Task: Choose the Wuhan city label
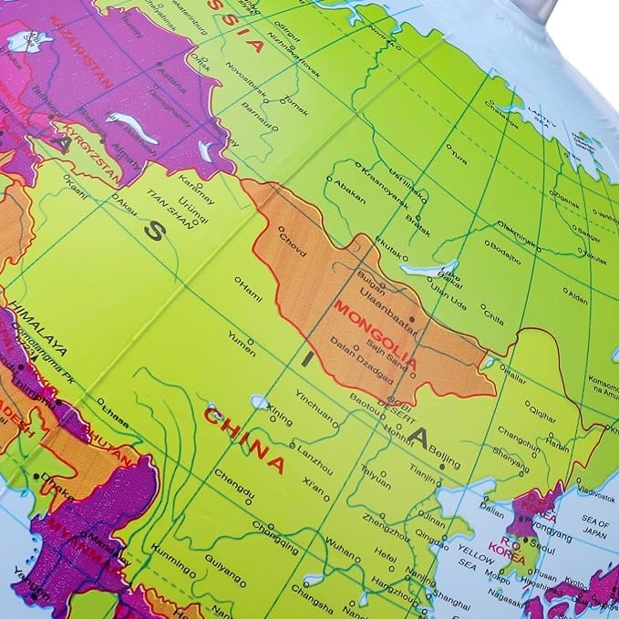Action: point(341,551)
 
